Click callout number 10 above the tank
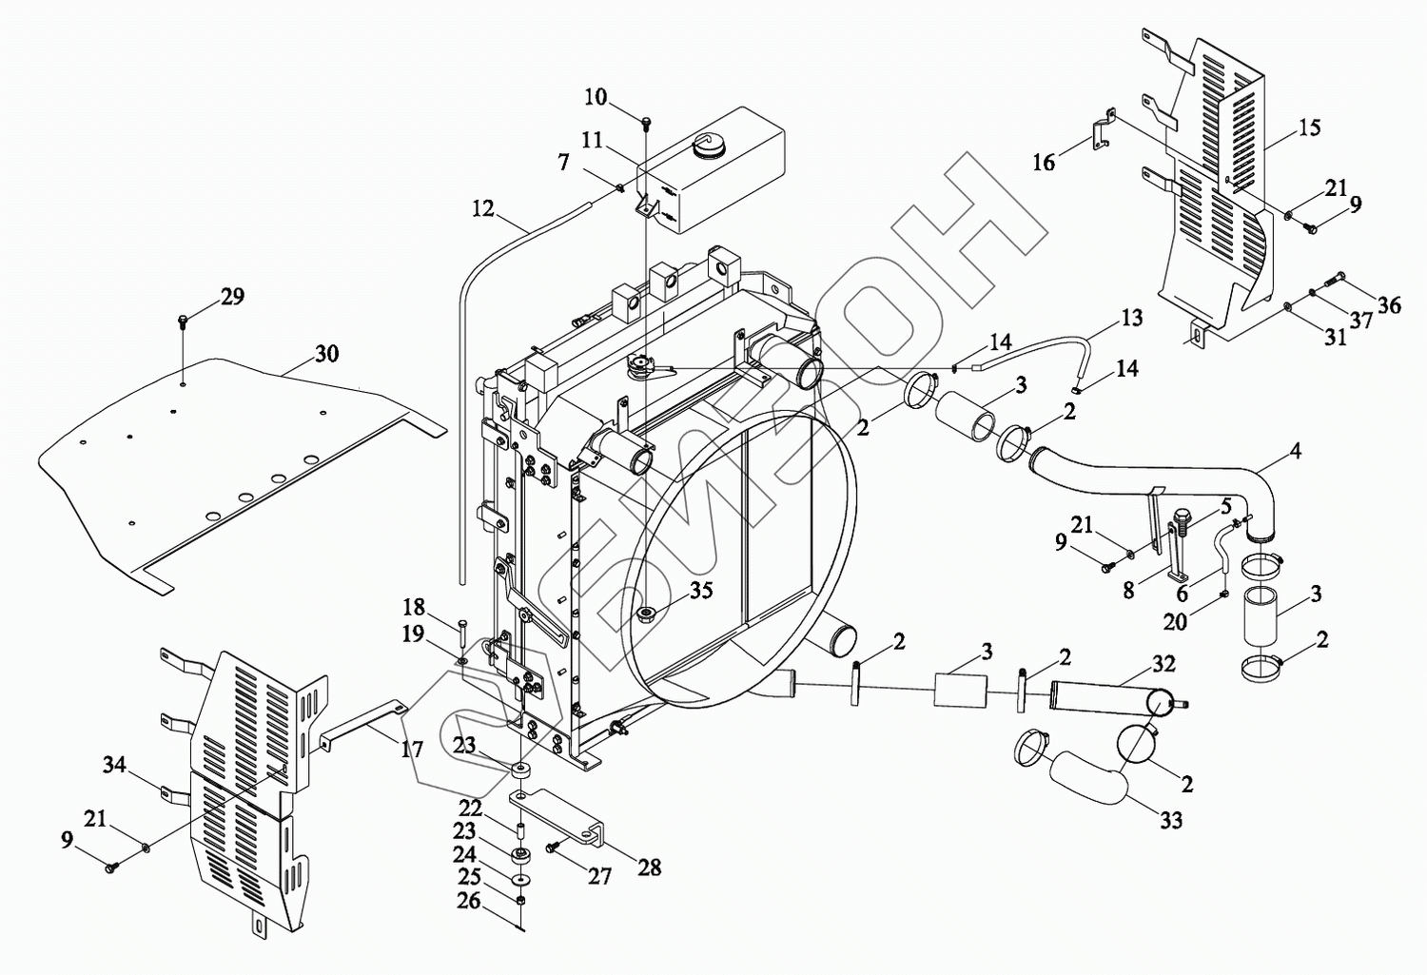[596, 97]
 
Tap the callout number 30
[326, 354]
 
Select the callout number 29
[232, 297]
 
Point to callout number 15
[1310, 127]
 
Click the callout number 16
[1044, 163]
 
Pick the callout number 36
[1389, 304]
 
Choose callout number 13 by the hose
[1131, 318]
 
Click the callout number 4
[1296, 450]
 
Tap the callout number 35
[701, 591]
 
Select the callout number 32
[1163, 664]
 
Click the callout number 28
[650, 867]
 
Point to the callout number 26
[469, 900]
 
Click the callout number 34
[114, 764]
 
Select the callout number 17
[411, 750]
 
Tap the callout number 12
[483, 207]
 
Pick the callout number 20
[1175, 621]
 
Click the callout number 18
[413, 608]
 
